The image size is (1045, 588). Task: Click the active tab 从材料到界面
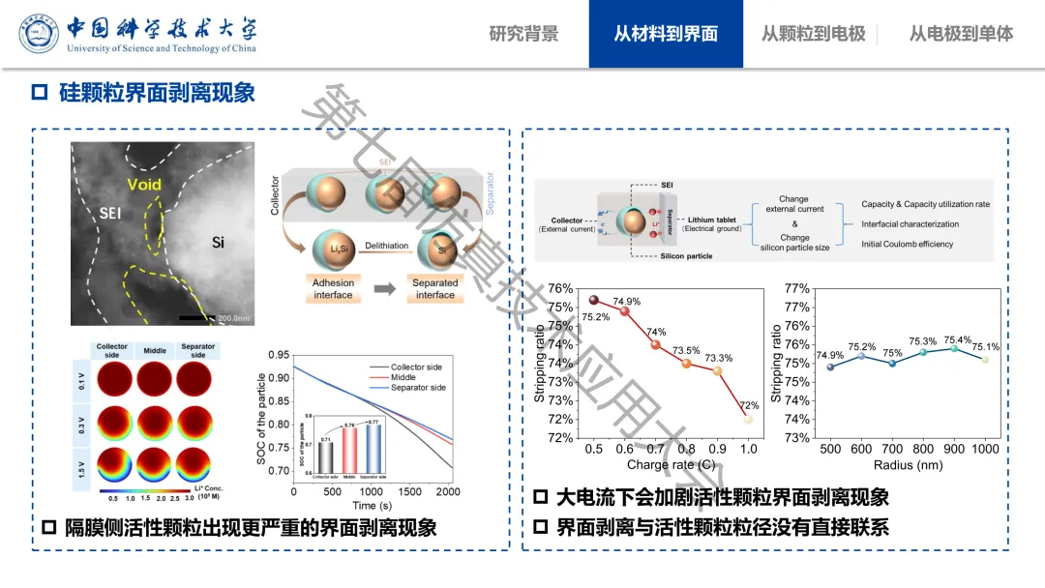(666, 34)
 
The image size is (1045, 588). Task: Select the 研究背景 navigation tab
(523, 34)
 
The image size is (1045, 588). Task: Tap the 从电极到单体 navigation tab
(961, 34)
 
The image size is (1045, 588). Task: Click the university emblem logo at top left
(40, 34)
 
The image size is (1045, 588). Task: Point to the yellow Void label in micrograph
(144, 185)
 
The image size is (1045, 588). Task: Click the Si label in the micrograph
(218, 242)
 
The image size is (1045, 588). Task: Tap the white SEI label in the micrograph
(110, 213)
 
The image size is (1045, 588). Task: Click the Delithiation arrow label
(387, 247)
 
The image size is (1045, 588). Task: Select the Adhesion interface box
(333, 289)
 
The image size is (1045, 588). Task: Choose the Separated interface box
(434, 289)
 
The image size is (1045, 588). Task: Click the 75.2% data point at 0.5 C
(594, 300)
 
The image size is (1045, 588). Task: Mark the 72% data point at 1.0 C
(748, 419)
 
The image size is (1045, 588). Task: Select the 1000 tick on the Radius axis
(984, 450)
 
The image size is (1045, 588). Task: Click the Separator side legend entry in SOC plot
(418, 388)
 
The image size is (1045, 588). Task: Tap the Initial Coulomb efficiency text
(907, 244)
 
